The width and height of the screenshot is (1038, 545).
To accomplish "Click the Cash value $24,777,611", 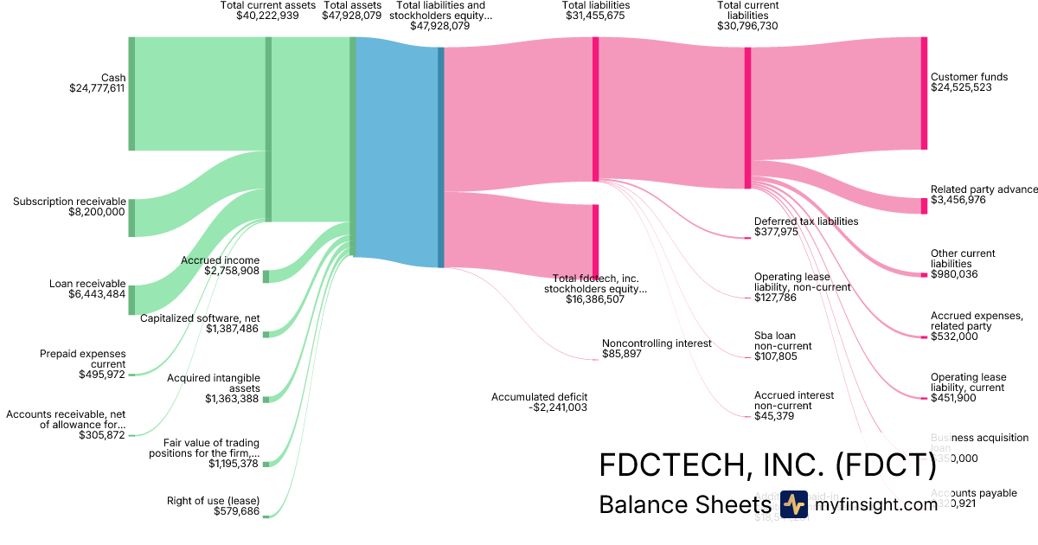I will tap(97, 88).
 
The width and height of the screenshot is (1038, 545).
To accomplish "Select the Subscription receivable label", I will tap(69, 202).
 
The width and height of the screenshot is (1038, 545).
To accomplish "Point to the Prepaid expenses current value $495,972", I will tap(102, 375).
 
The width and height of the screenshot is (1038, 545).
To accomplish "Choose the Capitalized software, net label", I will tap(200, 318).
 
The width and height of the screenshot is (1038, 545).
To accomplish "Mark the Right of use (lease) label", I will tap(213, 501).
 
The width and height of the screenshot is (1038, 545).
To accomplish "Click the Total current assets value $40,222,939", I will tap(268, 16).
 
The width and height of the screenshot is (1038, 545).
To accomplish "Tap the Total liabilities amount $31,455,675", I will tap(595, 16).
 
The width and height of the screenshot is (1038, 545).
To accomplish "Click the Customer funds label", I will tap(966, 77).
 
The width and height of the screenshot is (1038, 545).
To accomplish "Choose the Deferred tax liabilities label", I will tap(806, 221).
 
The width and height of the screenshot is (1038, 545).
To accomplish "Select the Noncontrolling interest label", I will tap(657, 343).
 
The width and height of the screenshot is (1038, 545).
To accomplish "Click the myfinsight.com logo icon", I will tap(793, 503).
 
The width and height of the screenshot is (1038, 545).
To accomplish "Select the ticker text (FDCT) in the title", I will tap(885, 466).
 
